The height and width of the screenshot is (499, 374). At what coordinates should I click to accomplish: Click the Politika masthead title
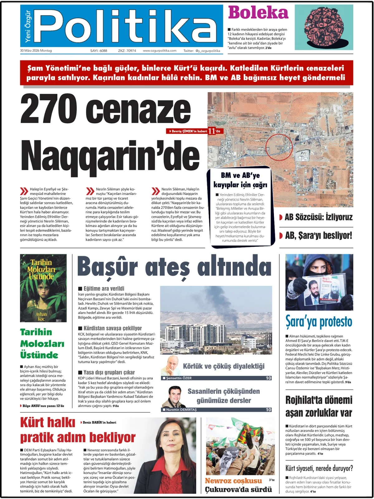(x=125, y=27)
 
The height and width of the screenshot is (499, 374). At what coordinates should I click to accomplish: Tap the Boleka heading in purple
(x=258, y=13)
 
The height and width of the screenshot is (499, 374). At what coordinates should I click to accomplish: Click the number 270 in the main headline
(x=49, y=109)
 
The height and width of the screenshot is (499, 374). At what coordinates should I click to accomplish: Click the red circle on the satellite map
(x=279, y=147)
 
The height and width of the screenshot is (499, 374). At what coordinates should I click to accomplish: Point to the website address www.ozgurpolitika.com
(x=160, y=51)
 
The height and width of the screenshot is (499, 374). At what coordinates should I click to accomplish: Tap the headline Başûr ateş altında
(x=174, y=267)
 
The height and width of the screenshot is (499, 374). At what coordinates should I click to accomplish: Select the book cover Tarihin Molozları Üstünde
(x=43, y=288)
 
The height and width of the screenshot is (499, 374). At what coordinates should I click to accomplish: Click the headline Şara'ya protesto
(x=319, y=322)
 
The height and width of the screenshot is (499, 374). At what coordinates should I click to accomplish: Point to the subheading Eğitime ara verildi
(x=104, y=288)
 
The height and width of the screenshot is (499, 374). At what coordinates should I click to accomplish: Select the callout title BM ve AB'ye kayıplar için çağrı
(x=240, y=180)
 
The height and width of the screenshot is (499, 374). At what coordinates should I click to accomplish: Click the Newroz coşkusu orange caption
(x=233, y=481)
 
